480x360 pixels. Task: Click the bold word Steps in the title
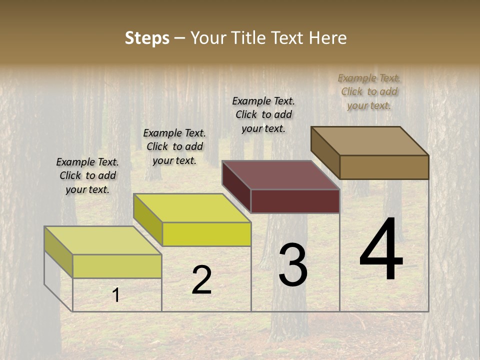[x=147, y=38]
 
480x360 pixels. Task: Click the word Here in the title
[x=328, y=38]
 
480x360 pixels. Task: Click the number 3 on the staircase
[x=293, y=265]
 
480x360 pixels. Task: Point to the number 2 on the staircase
[x=201, y=280]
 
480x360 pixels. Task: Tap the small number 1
[x=116, y=295]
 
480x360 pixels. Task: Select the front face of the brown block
[x=384, y=167]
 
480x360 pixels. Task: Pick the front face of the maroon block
[x=295, y=201]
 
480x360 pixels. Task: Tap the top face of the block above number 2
[x=192, y=208]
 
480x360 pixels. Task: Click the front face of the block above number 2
[x=206, y=234]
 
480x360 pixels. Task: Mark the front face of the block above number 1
[x=117, y=266]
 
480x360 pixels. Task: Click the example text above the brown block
[x=369, y=91]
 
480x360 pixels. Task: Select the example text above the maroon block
[x=263, y=114]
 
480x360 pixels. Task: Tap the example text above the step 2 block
[x=174, y=146]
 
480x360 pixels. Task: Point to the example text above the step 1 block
[x=87, y=175]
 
